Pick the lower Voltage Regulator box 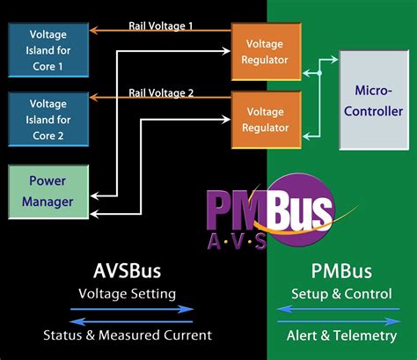pos(264,120)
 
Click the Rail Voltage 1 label pos(162,26)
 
